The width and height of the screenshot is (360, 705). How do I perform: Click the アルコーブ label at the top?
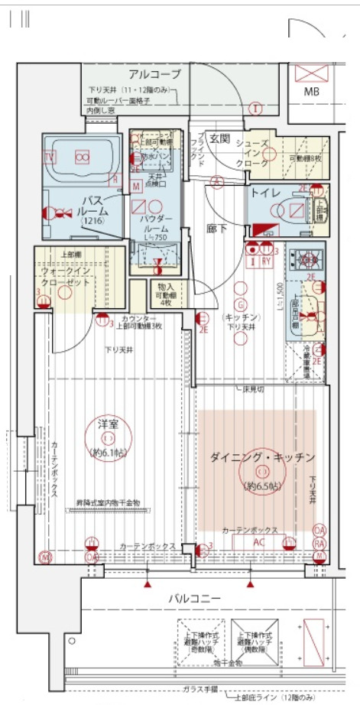tap(154, 74)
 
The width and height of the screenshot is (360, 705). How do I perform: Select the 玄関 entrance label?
tap(220, 138)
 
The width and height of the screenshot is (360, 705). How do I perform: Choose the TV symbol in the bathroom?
tap(50, 157)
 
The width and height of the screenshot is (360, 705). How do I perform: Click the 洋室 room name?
tap(108, 425)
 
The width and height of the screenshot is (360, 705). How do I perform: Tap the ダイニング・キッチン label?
tap(262, 458)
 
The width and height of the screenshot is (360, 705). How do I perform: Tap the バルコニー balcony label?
tap(195, 598)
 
